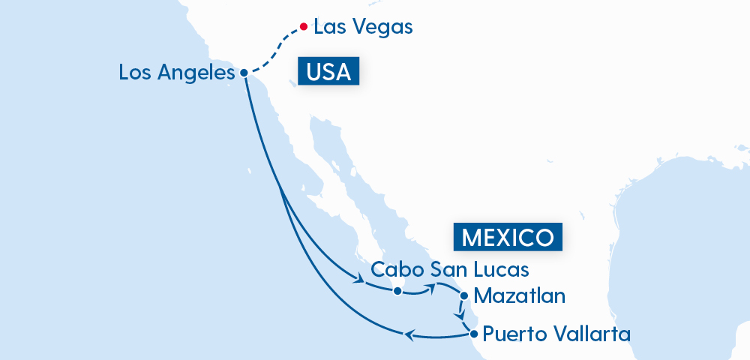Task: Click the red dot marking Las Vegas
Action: (303, 27)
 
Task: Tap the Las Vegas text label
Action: (363, 28)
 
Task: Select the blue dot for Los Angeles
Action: (244, 73)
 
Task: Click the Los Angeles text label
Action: (177, 73)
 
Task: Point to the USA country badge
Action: (328, 72)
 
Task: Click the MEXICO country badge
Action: (508, 237)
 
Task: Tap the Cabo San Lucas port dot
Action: (397, 290)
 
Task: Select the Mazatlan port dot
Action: (464, 295)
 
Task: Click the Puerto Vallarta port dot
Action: (472, 333)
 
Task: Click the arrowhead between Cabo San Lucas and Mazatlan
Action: (433, 286)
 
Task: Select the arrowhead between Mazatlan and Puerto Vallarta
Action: (460, 316)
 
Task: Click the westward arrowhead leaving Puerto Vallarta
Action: (409, 334)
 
